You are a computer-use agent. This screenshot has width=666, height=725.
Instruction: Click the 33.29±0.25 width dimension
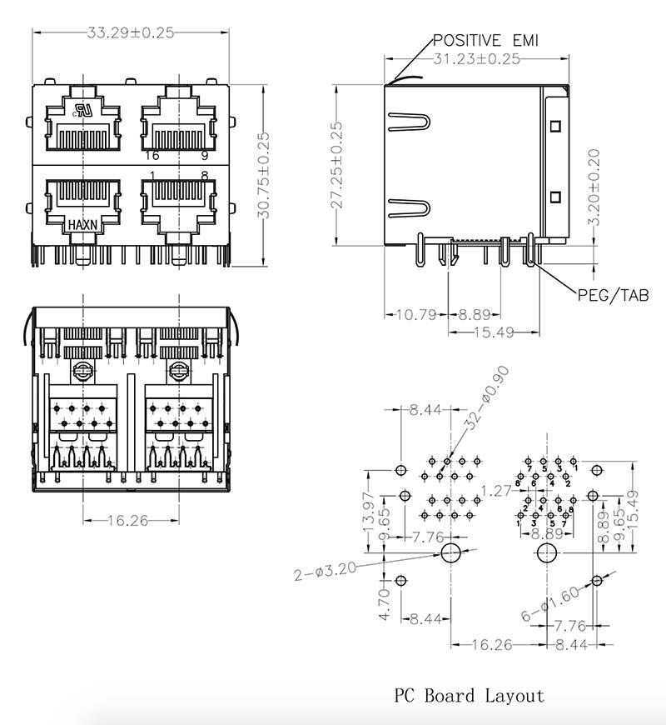[x=130, y=33]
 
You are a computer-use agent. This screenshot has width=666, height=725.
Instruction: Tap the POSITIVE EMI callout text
[x=485, y=41]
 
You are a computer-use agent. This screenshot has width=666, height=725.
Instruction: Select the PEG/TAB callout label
[x=613, y=295]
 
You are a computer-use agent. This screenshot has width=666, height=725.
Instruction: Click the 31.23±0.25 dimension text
[x=476, y=59]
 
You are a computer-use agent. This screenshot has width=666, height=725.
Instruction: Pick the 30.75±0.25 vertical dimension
[x=264, y=175]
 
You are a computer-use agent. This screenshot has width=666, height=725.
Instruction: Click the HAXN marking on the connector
[x=82, y=225]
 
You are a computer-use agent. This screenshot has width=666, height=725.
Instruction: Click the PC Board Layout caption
[x=469, y=696]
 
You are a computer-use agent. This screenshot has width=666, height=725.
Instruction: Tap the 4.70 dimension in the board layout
[x=384, y=602]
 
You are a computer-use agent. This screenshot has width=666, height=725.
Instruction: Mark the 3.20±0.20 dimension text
[x=594, y=187]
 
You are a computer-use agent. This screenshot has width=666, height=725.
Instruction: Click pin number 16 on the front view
[x=152, y=156]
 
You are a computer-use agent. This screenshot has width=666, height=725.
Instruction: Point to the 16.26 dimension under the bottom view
[x=128, y=521]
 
